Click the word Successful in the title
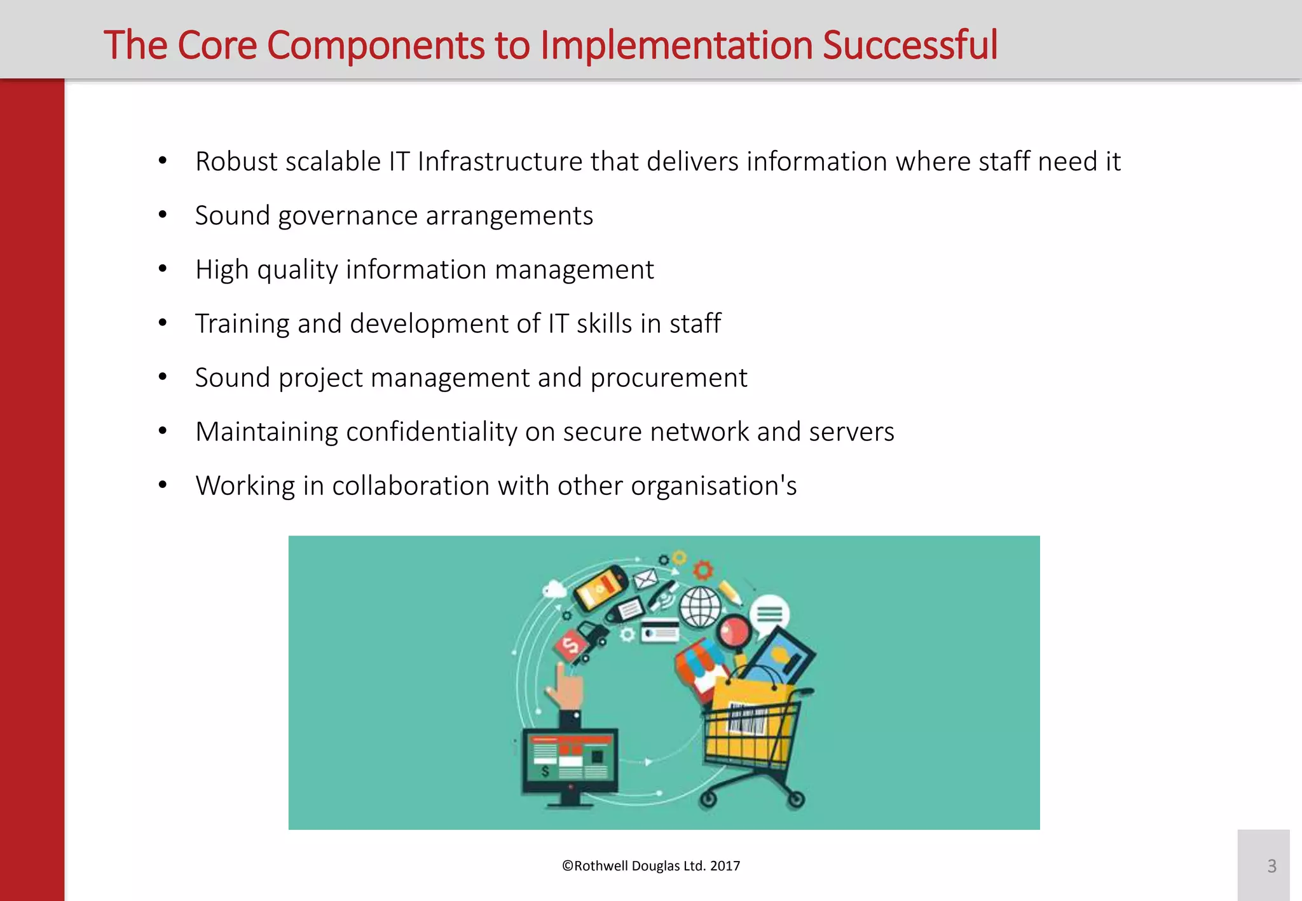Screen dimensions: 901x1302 (910, 46)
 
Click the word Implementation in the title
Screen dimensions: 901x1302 (676, 46)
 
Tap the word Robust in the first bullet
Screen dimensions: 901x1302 (236, 161)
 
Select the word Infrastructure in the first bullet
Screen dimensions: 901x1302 (500, 161)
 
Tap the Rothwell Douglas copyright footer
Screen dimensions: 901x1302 (651, 865)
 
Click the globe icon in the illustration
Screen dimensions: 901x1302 (700, 607)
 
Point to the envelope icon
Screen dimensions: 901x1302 (645, 579)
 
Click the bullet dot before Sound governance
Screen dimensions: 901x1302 (163, 215)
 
